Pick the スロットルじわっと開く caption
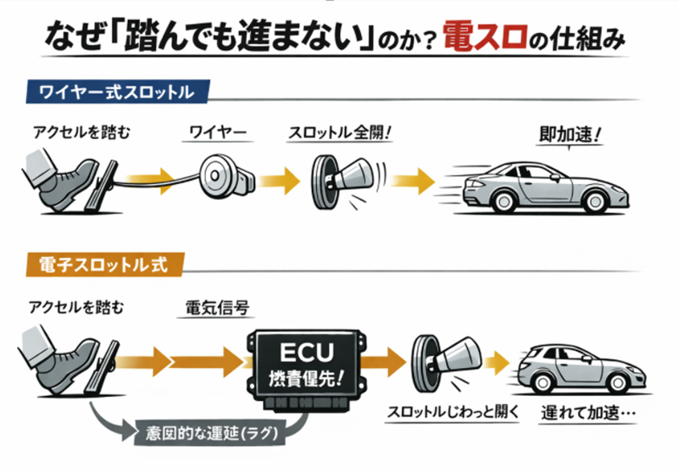click(x=446, y=415)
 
